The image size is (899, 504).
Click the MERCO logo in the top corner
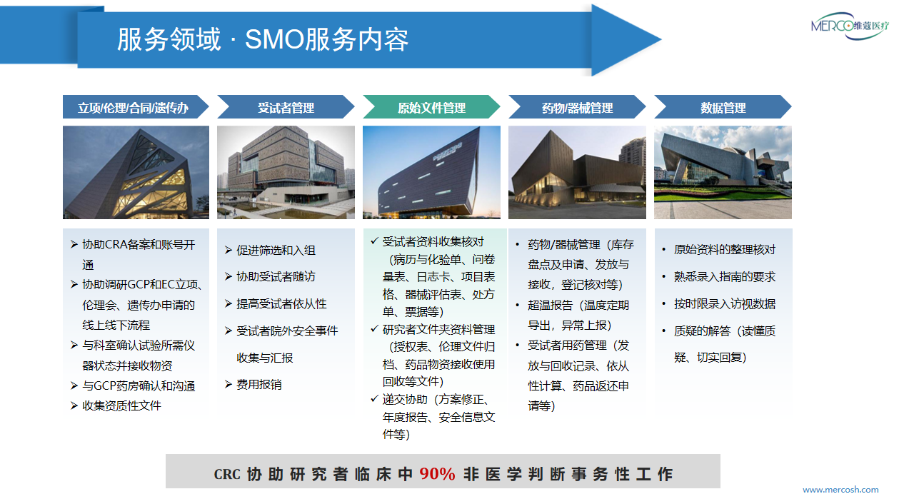(x=850, y=26)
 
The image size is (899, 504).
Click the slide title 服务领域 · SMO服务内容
(x=263, y=39)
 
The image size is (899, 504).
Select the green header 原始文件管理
(x=431, y=108)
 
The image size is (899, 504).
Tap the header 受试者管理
(x=286, y=108)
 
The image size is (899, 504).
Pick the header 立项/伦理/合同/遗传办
(x=133, y=108)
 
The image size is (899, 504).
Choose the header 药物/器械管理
(x=577, y=108)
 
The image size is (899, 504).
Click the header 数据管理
(x=723, y=108)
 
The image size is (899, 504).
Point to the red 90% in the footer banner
(x=438, y=474)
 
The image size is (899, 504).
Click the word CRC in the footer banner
(x=227, y=474)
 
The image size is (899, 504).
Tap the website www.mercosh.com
(x=840, y=490)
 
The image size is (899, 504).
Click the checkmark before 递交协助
(x=374, y=398)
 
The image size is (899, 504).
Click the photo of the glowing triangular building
(x=136, y=172)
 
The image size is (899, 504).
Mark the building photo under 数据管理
(x=723, y=172)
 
